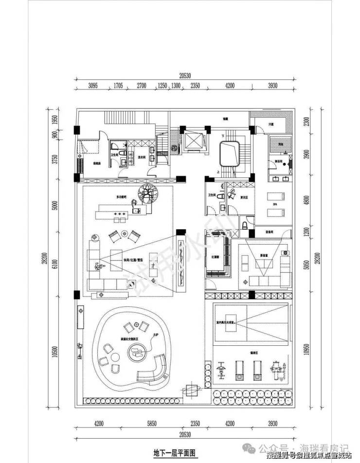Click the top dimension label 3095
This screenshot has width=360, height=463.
[x=93, y=86]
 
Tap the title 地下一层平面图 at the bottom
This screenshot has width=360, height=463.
[x=174, y=452]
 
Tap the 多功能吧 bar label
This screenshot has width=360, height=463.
[x=121, y=197]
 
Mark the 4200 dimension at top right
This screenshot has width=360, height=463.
[x=229, y=86]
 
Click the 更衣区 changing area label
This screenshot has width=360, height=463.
[x=244, y=197]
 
